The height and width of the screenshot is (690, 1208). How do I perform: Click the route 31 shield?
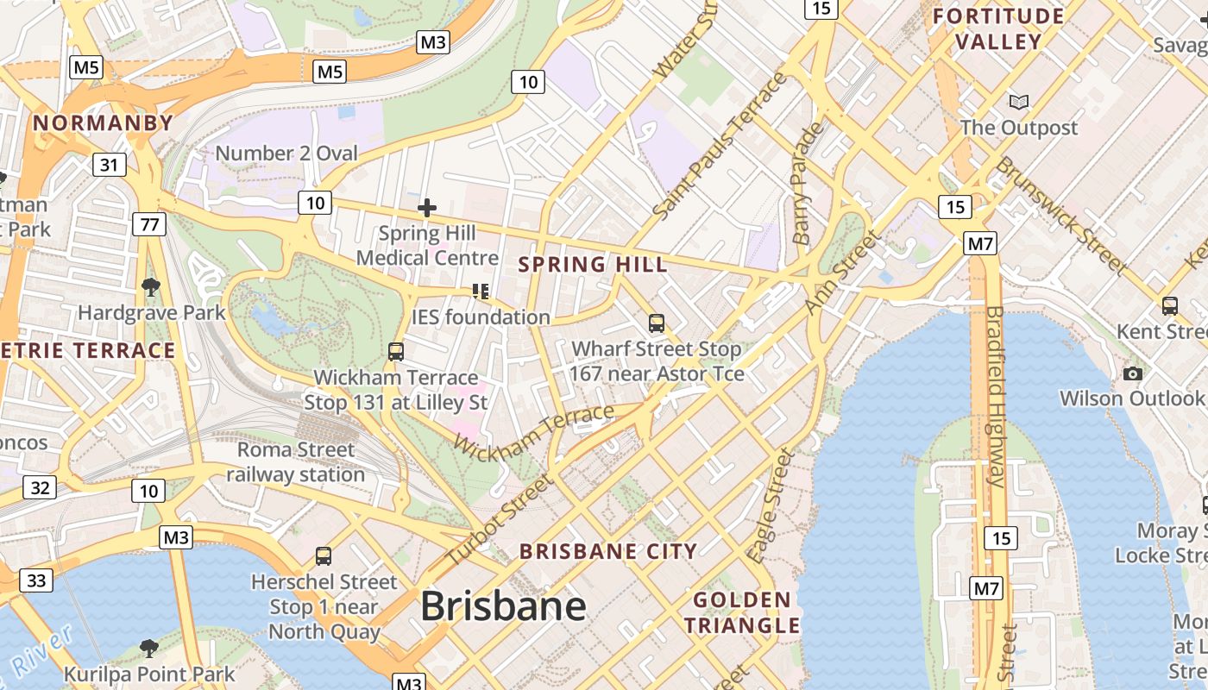109,164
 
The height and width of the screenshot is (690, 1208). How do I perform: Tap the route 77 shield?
149,225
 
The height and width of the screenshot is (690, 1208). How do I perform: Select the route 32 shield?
40,488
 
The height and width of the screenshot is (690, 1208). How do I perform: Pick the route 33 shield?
36,580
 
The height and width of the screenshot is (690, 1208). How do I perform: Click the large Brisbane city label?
503,606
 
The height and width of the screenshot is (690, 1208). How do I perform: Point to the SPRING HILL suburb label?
593,265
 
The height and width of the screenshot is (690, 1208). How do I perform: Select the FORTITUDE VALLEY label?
998,28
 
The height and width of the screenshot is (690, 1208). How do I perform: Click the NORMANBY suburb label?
104,123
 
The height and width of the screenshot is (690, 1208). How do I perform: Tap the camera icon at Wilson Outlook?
1133,373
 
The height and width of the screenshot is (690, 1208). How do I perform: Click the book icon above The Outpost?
1019,102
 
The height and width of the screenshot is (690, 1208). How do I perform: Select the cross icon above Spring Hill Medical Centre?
426,208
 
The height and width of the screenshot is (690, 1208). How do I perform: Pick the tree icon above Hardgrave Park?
151,286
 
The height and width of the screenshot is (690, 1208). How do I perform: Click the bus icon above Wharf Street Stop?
657,323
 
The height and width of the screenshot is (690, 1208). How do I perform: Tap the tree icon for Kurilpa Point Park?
148,649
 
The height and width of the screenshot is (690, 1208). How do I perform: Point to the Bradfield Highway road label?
995,397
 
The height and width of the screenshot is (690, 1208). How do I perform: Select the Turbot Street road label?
500,521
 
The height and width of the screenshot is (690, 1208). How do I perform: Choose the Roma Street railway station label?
296,462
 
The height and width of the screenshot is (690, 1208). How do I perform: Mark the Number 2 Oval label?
286,154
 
